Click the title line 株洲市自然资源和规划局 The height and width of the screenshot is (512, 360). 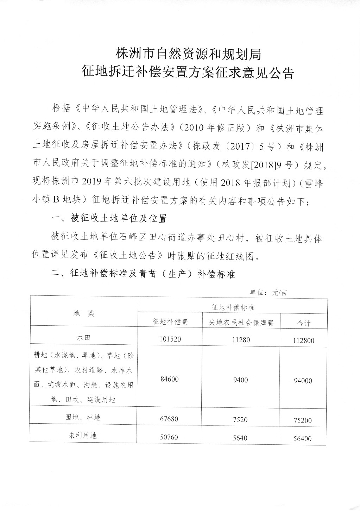click(188, 54)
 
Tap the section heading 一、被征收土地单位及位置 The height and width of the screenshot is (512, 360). click(109, 219)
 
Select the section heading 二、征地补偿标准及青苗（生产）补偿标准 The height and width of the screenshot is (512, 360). click(143, 274)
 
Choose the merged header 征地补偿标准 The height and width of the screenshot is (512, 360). click(233, 307)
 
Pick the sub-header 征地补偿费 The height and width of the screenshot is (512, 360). click(170, 322)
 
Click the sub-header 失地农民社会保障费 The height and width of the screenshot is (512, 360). click(241, 323)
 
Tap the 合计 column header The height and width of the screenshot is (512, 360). click(304, 323)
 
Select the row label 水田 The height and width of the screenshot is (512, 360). click(84, 337)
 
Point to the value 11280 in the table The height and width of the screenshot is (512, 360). click(241, 340)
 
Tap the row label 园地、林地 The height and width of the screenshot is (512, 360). click(84, 418)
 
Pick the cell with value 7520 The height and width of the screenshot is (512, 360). click(241, 419)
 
